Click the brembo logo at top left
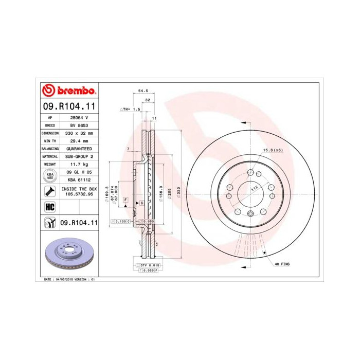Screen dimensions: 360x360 tap(68, 91)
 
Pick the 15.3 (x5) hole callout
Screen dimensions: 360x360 tap(273, 150)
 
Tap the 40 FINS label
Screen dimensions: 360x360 tap(282, 264)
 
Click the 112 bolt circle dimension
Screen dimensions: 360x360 tap(253, 189)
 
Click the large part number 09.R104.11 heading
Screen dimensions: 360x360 tap(68, 106)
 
